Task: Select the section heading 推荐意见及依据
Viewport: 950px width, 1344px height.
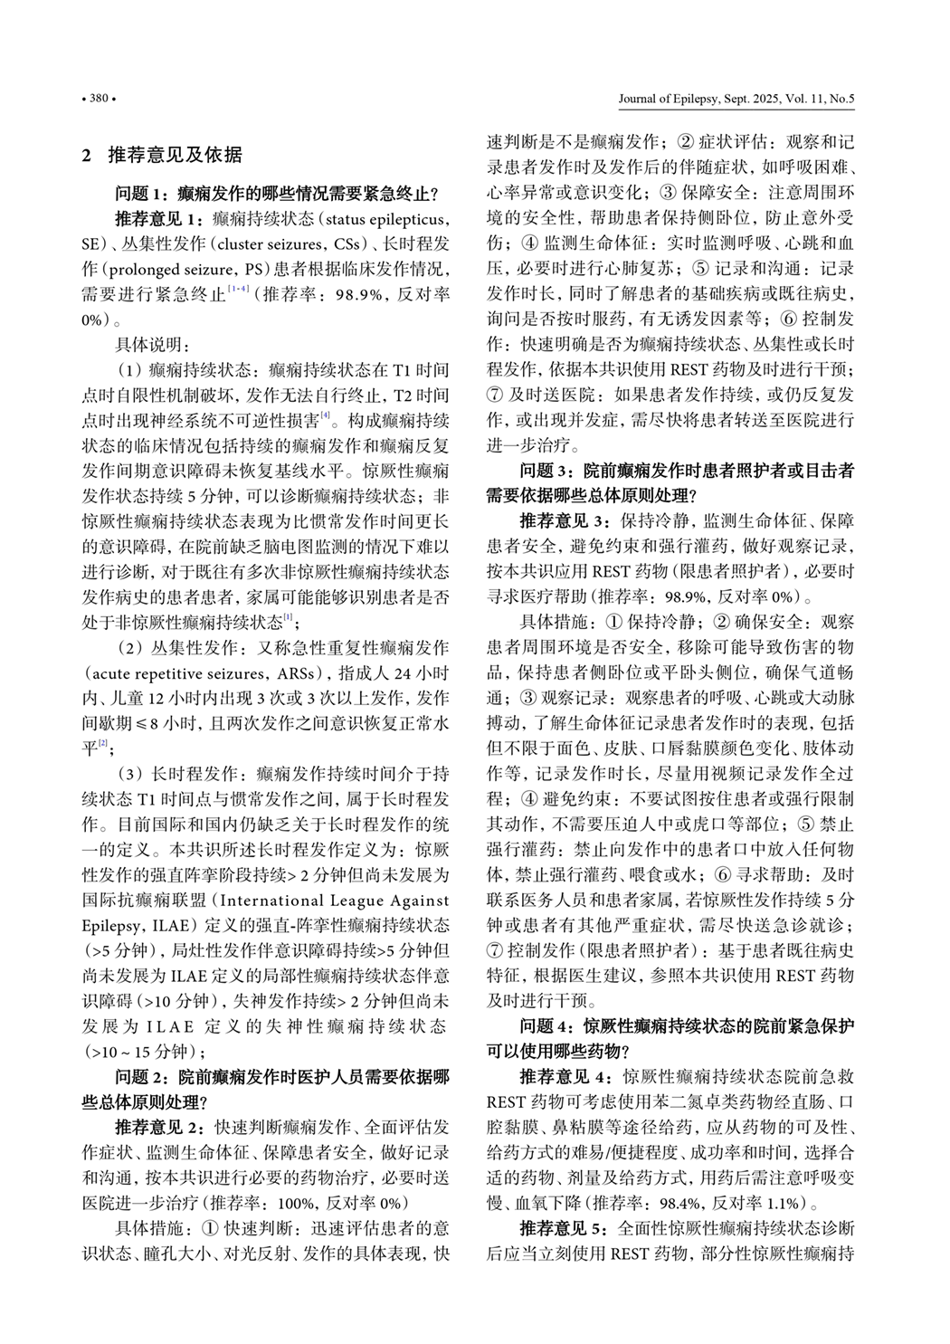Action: pyautogui.click(x=175, y=155)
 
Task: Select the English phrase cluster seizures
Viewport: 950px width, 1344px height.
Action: pyautogui.click(x=267, y=243)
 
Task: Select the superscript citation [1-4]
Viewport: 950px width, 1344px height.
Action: pyautogui.click(x=239, y=289)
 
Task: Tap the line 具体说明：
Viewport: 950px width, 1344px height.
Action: pyautogui.click(x=152, y=345)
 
